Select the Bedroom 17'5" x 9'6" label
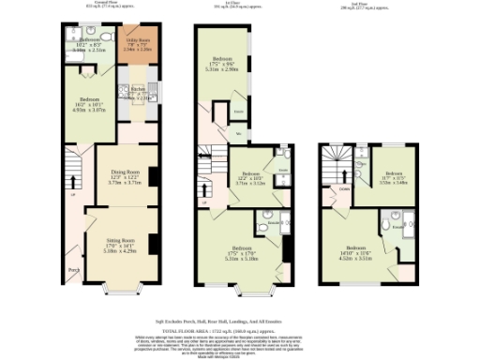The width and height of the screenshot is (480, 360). [x=223, y=65]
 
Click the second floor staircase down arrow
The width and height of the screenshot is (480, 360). [x=328, y=169]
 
